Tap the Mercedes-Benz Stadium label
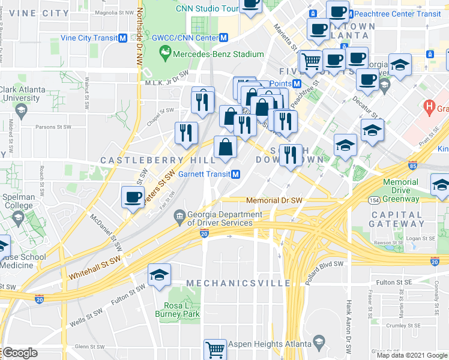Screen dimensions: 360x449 click(218, 54)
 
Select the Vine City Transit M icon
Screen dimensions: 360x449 click(122, 38)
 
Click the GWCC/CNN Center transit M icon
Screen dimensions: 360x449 click(223, 38)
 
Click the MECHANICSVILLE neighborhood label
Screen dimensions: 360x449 click(238, 283)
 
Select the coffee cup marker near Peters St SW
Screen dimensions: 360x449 click(133, 197)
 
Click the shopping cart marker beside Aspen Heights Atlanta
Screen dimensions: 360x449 click(215, 349)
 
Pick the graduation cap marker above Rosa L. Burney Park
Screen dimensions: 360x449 click(159, 275)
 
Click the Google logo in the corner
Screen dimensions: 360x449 click(19, 353)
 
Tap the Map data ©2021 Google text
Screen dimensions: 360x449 click(411, 355)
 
